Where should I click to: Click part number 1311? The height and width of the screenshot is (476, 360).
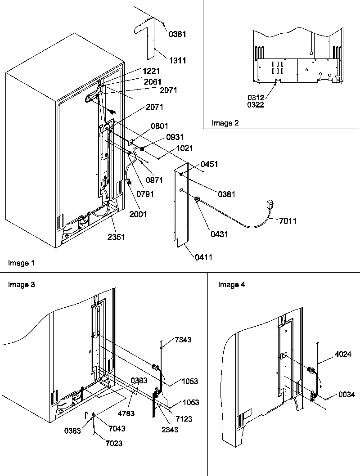177,61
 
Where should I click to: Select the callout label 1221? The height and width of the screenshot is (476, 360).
151,71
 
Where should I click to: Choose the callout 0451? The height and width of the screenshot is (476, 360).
209,165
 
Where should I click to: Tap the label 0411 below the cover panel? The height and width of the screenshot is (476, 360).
203,257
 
